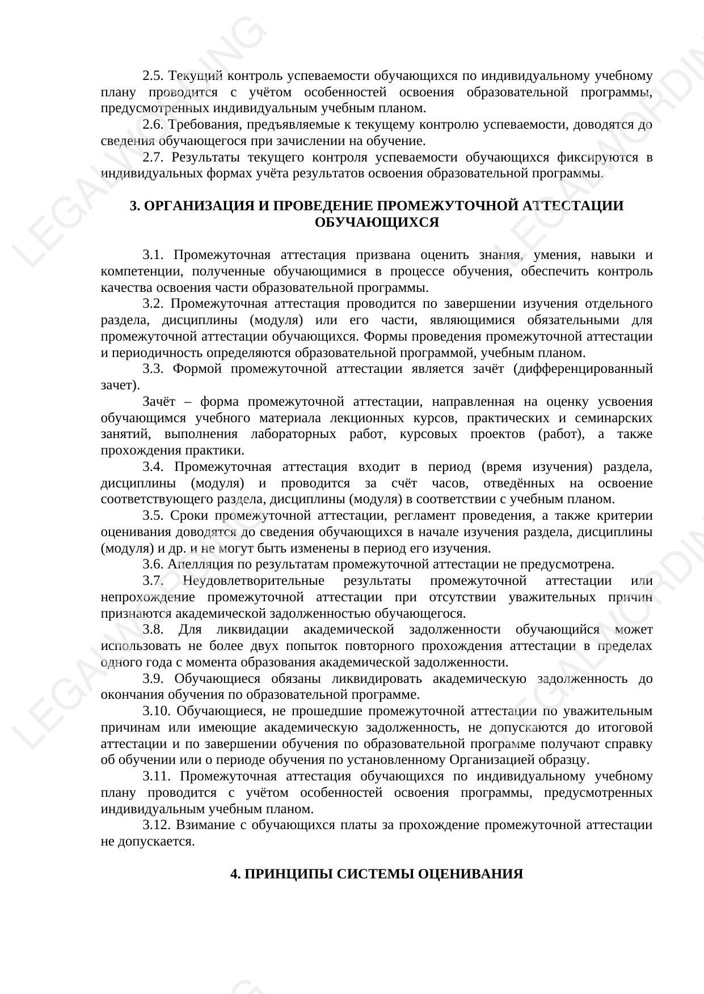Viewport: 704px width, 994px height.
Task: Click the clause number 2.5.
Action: coord(153,75)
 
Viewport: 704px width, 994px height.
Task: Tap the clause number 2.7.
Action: coord(153,157)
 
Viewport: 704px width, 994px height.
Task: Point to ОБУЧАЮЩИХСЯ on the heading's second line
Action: coord(377,222)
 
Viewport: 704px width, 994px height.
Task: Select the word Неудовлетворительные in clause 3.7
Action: coord(254,581)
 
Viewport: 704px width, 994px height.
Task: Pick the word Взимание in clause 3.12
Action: coord(202,825)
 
